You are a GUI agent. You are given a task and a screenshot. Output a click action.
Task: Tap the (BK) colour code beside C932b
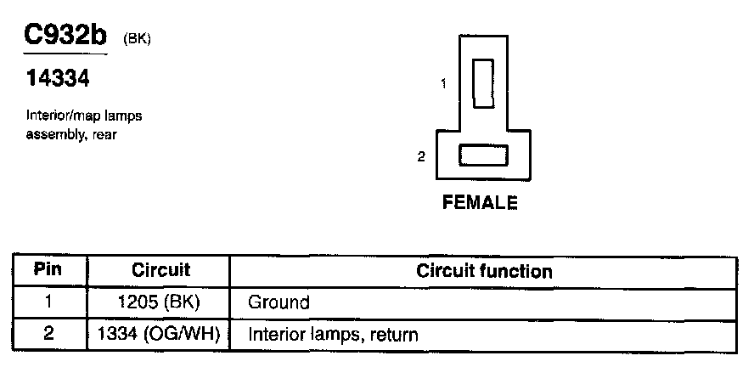tap(138, 39)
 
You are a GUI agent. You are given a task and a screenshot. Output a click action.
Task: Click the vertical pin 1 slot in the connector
tap(483, 83)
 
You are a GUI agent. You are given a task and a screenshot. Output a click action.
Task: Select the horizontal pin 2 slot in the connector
tap(482, 156)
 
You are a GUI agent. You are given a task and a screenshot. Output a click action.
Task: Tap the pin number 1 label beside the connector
tap(443, 83)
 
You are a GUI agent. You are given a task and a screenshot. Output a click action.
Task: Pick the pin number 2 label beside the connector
tap(421, 156)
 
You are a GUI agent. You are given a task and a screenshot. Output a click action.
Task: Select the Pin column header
tap(48, 271)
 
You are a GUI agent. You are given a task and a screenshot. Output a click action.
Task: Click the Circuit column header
tap(160, 271)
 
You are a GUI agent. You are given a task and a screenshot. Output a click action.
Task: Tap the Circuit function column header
tap(484, 272)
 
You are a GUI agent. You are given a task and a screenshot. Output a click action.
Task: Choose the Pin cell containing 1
tap(48, 302)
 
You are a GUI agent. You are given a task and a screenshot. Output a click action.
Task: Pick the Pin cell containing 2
tap(48, 334)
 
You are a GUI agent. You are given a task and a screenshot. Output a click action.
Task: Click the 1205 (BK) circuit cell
tap(160, 302)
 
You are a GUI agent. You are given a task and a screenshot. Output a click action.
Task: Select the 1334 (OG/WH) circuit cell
tap(160, 334)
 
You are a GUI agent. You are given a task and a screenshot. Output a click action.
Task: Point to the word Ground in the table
tap(279, 302)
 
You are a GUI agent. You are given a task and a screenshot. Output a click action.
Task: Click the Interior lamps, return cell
tap(333, 335)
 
